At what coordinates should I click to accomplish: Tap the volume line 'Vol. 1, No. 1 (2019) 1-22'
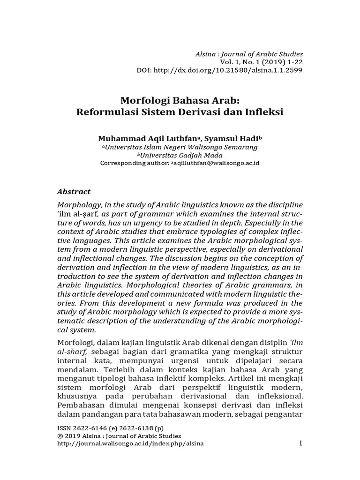click(261, 62)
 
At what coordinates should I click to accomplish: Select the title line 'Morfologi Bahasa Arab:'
click(180, 100)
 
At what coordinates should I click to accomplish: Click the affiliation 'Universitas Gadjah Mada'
click(181, 155)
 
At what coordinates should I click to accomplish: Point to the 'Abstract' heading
click(74, 192)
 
